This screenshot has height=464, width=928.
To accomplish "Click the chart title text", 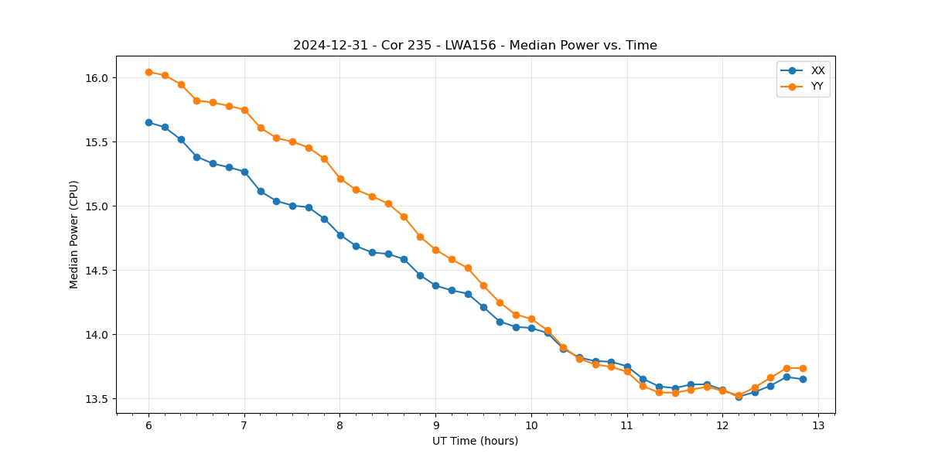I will pos(475,46).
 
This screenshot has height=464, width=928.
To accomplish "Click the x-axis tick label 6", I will pos(148,426).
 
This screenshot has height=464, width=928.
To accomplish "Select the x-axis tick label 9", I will pos(435,426).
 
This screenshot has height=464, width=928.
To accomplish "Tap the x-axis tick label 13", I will pos(818,426).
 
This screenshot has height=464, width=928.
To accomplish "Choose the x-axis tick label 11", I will pos(626,426).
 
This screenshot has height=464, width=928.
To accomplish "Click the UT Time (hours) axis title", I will pos(475,441).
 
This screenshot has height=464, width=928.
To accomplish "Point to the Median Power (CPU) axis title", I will pos(74,234).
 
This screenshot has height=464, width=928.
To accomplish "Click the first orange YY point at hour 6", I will pos(148,72).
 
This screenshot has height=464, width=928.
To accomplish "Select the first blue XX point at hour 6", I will pos(148,122).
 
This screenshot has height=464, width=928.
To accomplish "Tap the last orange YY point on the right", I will pos(803,368).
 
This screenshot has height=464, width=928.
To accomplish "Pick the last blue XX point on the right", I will pos(803,379).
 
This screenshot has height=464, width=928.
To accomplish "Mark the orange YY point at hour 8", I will pos(340,179).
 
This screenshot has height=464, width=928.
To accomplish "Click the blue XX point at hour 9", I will pos(435,285).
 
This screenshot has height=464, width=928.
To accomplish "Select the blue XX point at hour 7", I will pos(244,172).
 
